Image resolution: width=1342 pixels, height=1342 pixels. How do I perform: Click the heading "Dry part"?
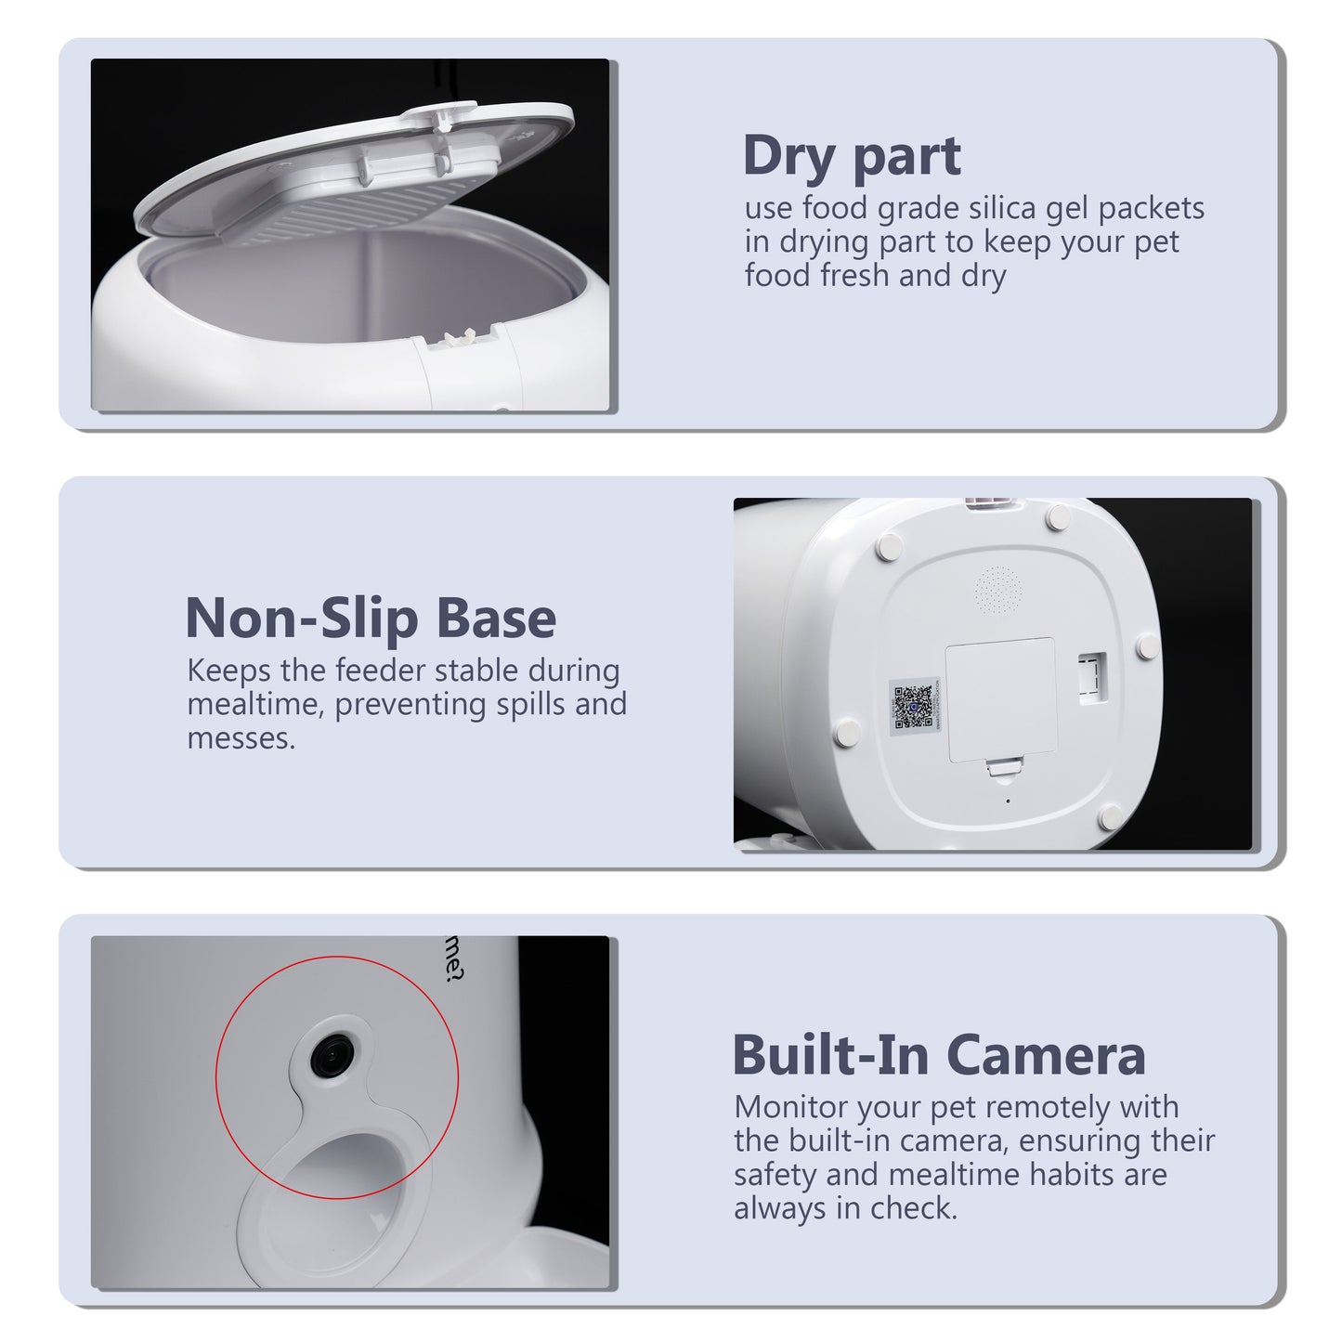pyautogui.click(x=851, y=156)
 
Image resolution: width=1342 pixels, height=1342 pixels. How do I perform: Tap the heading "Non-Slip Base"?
pyautogui.click(x=371, y=619)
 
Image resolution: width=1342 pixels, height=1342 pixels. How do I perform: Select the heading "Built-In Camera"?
pyautogui.click(x=938, y=1055)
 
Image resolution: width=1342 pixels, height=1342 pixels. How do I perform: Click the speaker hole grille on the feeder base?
pyautogui.click(x=997, y=589)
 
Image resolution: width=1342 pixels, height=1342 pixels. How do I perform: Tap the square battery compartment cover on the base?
pyautogui.click(x=1000, y=699)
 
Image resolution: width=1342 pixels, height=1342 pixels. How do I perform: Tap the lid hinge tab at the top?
pyautogui.click(x=441, y=115)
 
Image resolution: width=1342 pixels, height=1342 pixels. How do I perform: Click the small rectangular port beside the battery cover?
pyautogui.click(x=1092, y=675)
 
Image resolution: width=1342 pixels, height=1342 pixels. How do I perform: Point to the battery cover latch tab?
pyautogui.click(x=1001, y=767)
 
